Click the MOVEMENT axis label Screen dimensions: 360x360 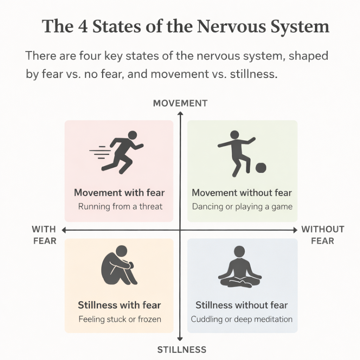[180, 103]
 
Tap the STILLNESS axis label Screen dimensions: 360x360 [181, 349]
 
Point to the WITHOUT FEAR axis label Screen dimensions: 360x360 [322, 235]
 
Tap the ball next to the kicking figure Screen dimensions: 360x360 [261, 168]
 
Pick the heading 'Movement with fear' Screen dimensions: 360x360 [119, 193]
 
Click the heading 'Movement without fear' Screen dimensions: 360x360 [242, 193]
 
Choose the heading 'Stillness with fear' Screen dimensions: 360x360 [119, 305]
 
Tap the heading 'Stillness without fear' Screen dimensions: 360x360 [242, 305]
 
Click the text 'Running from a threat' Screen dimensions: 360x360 [120, 206]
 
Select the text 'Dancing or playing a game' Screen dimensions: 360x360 [242, 206]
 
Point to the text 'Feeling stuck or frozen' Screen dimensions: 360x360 [120, 319]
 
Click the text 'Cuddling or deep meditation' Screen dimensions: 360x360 [242, 319]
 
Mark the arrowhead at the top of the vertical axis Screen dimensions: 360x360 [180, 113]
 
